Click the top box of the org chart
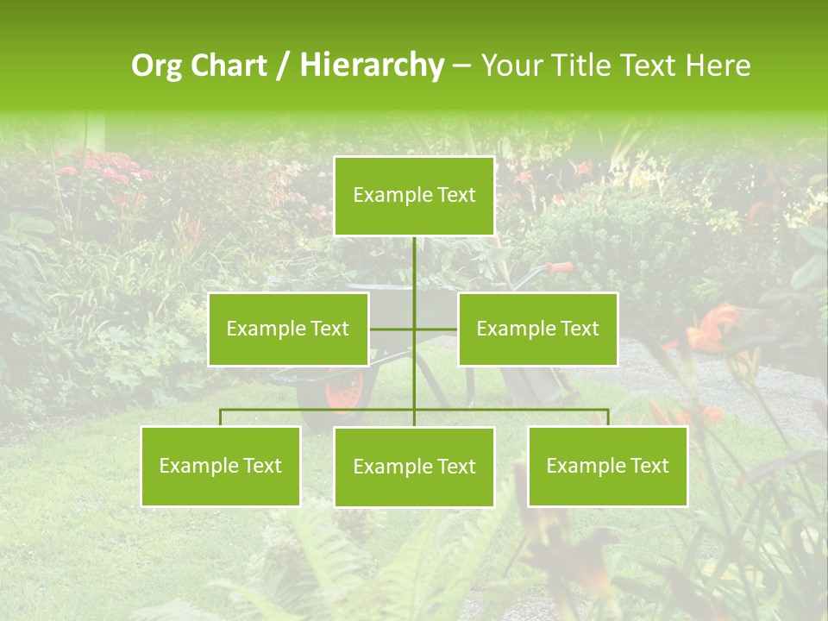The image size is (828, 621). tap(414, 196)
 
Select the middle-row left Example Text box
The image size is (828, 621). tap(288, 329)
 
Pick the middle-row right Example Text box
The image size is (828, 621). tap(537, 329)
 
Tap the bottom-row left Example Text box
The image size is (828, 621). tap(221, 466)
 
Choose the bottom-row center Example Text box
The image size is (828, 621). tap(414, 467)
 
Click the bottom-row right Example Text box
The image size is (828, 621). tap(607, 466)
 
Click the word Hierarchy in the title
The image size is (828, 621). tap(371, 66)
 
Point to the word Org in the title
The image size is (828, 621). tap(158, 66)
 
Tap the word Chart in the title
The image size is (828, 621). tap(229, 66)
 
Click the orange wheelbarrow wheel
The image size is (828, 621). tap(343, 392)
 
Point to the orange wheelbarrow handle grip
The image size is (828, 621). tap(561, 267)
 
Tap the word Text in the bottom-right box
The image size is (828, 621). tap(649, 466)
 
